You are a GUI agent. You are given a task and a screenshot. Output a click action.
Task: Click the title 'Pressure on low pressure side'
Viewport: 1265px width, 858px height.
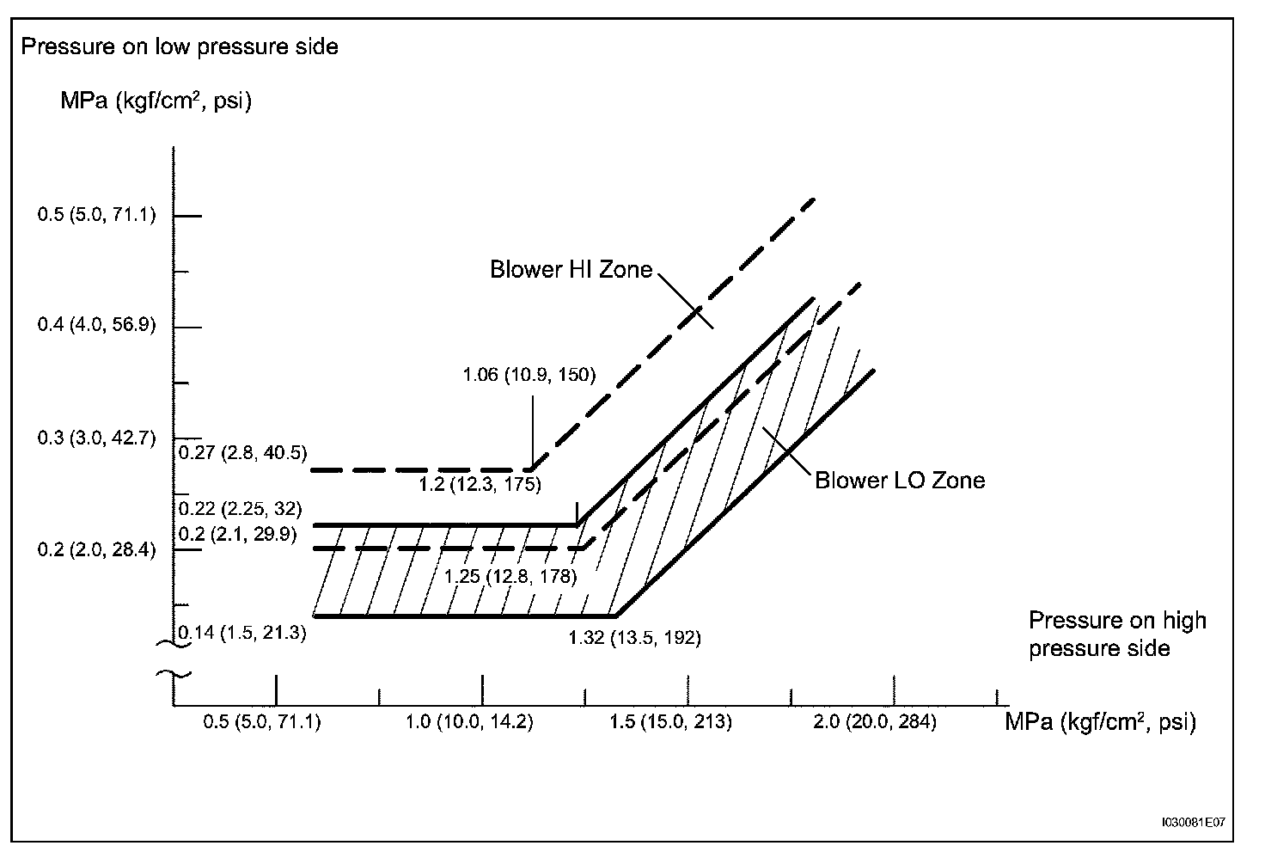[x=180, y=46]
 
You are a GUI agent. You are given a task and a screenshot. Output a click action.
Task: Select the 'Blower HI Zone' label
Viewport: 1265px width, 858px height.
[x=571, y=270]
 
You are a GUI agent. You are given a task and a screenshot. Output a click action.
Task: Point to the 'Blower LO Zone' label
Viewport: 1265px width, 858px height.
[x=899, y=480]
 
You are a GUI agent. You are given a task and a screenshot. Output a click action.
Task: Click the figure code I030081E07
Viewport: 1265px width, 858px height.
[x=1192, y=822]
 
